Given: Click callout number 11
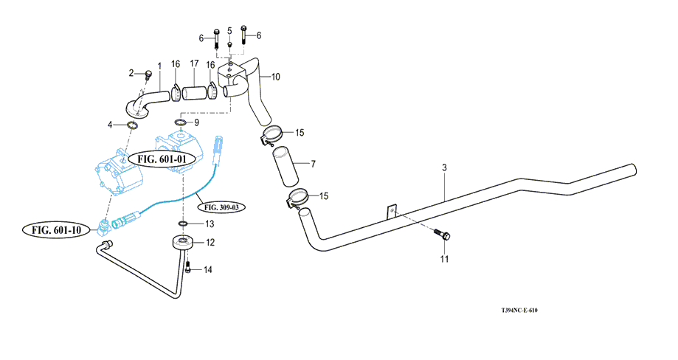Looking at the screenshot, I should [x=444, y=259].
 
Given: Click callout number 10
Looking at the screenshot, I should [x=275, y=77].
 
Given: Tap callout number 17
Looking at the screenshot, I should [x=194, y=64].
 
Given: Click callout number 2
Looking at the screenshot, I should [x=132, y=72].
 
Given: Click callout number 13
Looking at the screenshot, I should [x=210, y=224].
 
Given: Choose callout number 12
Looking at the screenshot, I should [x=210, y=242].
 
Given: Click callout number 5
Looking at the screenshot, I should [x=229, y=30].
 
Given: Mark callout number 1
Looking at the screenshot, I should [x=159, y=66].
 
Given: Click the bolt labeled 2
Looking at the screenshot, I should [x=147, y=73].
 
